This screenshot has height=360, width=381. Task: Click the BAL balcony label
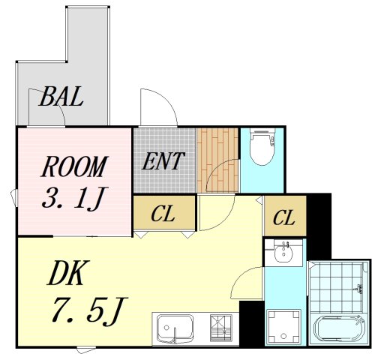coord(61,97)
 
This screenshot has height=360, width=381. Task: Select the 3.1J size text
coord(73,199)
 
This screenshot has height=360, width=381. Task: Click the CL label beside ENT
coord(163,215)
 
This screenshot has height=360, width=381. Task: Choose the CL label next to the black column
coord(283,218)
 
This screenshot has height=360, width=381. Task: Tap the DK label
coord(68,275)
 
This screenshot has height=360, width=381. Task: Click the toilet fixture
coord(262,148)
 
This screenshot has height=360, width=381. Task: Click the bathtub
coord(340,328)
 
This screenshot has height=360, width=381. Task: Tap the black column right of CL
coord(318,225)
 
